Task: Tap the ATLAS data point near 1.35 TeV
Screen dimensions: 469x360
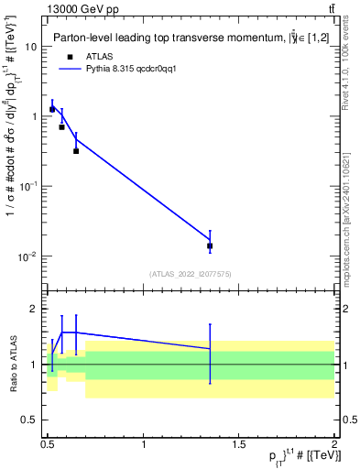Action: [x=210, y=245]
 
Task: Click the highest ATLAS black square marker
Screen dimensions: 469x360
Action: [x=52, y=109]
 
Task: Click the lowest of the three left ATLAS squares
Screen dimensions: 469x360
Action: [x=76, y=150]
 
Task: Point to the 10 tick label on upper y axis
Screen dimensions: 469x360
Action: [x=30, y=46]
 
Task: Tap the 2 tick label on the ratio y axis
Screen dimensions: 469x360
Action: [x=34, y=309]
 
